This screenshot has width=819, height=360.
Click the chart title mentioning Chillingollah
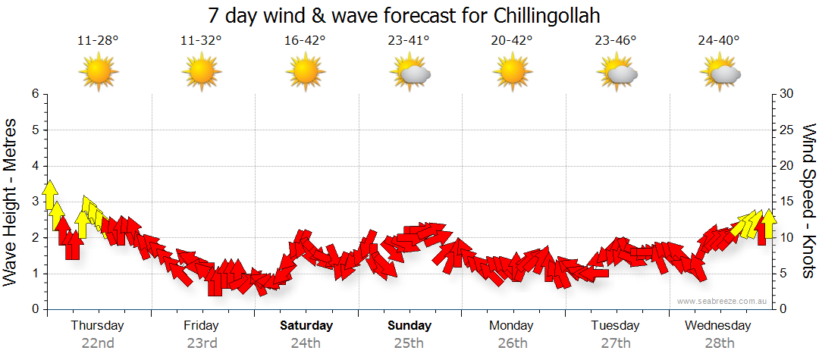pos(409,16)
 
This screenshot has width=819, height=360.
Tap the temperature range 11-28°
pos(98,41)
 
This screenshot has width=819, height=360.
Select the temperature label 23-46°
pos(616,41)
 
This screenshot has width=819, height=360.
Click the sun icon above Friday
pos(202,74)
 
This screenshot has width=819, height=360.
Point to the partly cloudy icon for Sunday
pos(410,74)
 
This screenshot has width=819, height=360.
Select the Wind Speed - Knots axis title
pos(808,201)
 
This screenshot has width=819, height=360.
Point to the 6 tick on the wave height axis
pos(34,94)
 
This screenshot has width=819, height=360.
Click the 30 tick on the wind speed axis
pos(787,94)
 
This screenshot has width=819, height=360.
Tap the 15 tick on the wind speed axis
pos(787,202)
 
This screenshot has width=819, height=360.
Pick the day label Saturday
pos(306,326)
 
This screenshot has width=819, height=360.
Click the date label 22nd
pos(98,343)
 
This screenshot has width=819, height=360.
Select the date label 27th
pos(616,343)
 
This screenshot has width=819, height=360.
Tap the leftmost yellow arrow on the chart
pos(50,195)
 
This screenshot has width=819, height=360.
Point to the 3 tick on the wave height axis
pos(34,202)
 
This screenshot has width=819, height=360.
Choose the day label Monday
pos(512,326)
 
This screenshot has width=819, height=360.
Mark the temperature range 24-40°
pos(719,41)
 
